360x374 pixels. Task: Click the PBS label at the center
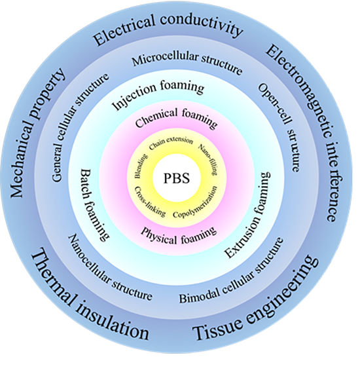click(177, 178)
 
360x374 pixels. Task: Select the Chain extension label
click(171, 143)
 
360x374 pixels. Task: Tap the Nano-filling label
click(209, 159)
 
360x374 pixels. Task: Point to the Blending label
click(141, 166)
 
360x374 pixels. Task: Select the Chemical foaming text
click(176, 117)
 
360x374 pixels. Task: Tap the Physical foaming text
click(179, 236)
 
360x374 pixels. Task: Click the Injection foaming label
click(158, 95)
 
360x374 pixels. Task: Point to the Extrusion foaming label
click(249, 215)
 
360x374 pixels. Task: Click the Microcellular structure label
click(187, 62)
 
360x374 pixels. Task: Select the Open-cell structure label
click(279, 127)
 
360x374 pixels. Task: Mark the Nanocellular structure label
click(109, 269)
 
